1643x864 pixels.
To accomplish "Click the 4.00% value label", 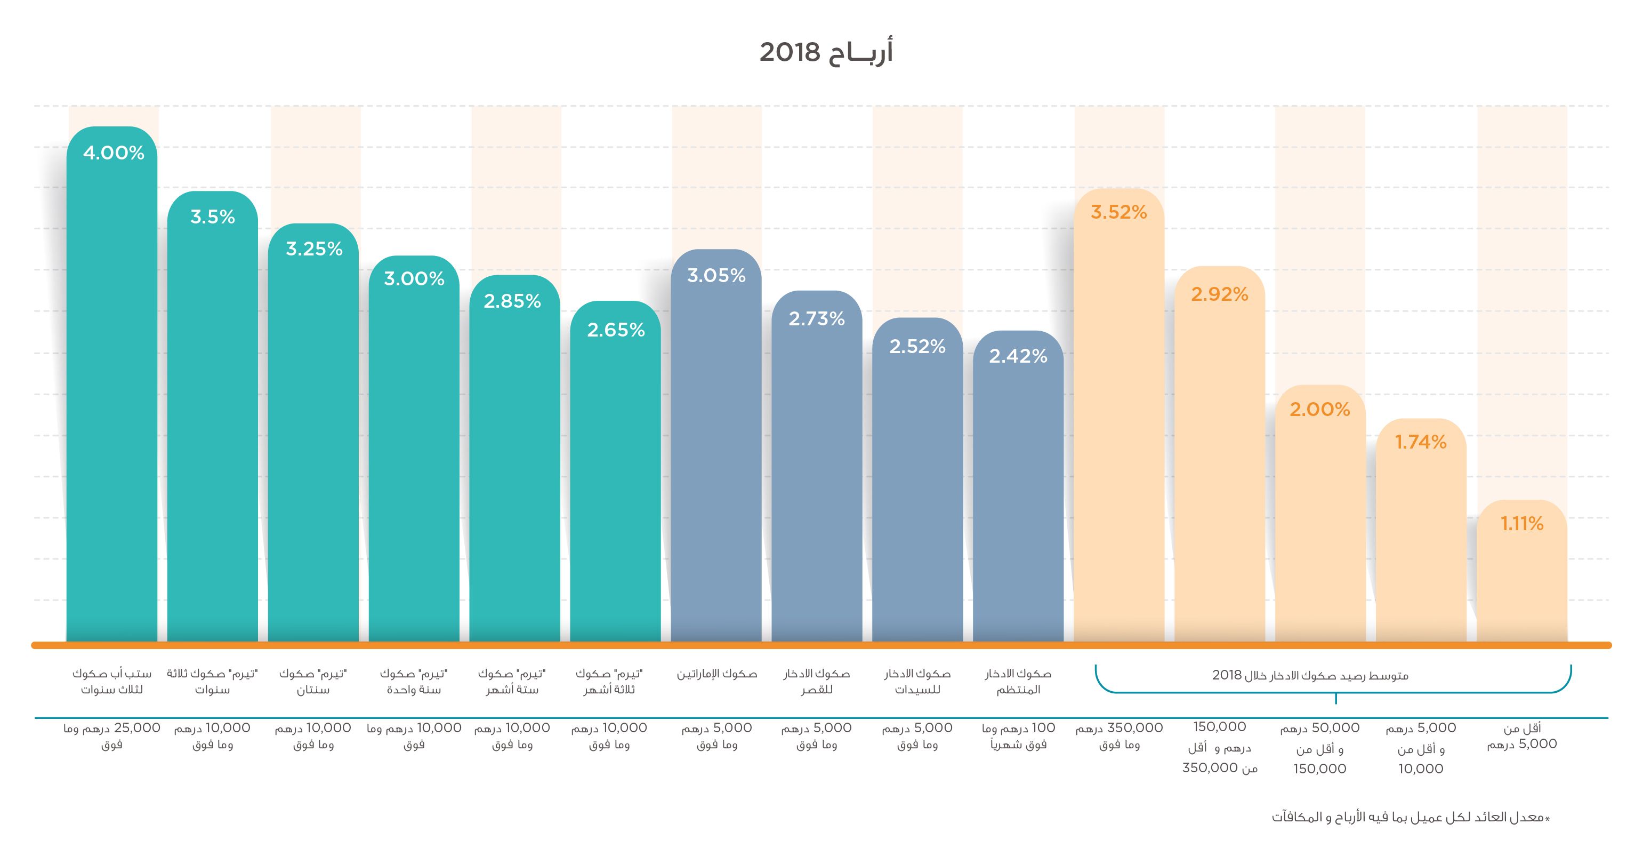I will point(114,153).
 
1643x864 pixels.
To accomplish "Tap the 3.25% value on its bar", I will point(314,249).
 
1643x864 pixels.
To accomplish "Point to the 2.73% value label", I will point(816,318).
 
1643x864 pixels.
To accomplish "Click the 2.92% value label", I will point(1220,294).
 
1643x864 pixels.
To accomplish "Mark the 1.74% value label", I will point(1420,442).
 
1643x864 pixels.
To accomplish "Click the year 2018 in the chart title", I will point(790,52).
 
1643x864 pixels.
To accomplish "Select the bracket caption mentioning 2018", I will point(1310,675).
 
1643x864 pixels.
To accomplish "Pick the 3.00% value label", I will point(414,279).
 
